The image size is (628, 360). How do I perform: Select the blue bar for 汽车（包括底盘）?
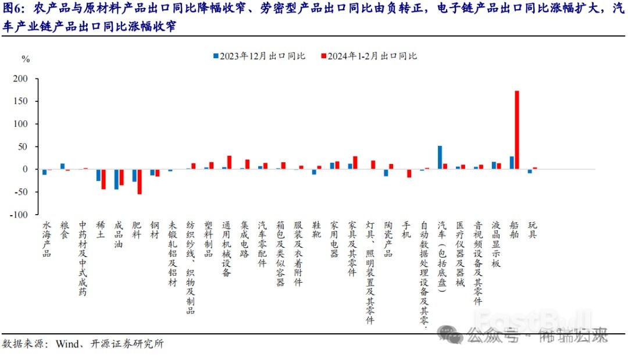(x=440, y=157)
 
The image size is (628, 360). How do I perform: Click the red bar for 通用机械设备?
(x=229, y=162)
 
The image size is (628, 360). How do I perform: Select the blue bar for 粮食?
(x=63, y=166)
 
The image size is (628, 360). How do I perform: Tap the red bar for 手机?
(x=409, y=173)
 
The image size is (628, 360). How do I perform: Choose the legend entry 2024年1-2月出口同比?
(x=370, y=56)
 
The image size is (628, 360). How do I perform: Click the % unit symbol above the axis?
(x=25, y=59)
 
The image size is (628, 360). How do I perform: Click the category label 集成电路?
(x=244, y=239)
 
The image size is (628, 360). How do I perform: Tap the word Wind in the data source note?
(x=68, y=343)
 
